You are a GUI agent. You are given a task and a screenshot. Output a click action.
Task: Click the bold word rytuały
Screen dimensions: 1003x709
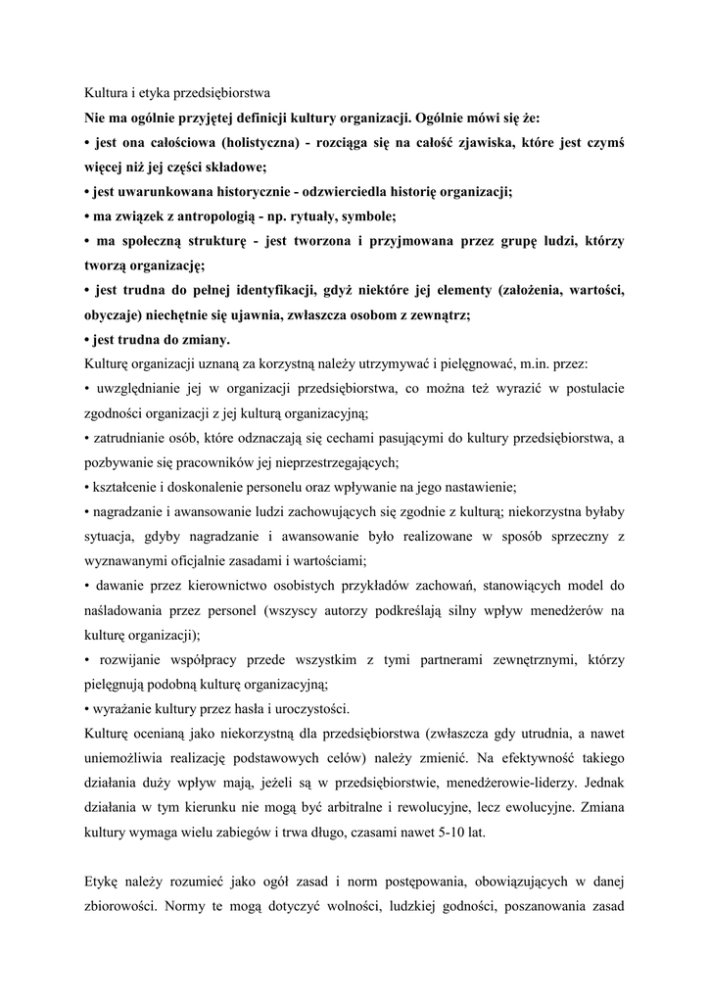click(x=330, y=216)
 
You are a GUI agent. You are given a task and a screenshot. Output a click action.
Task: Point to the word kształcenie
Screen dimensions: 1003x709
click(x=126, y=486)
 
